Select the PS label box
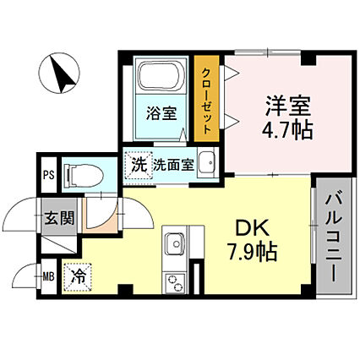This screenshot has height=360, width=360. pos(48,176)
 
